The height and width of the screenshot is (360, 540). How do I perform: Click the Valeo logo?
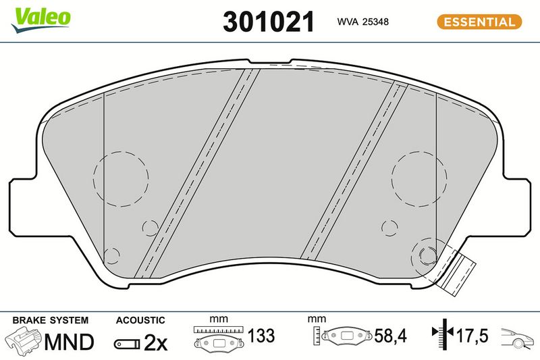tap(41, 20)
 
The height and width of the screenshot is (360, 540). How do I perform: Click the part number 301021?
tap(269, 22)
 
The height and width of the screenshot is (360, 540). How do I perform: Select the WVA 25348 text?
tap(362, 22)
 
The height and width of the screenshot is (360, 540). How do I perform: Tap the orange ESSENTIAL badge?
tap(479, 22)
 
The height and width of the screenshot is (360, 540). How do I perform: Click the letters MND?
tap(69, 342)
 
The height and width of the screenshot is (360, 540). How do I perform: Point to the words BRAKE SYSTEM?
tap(50, 320)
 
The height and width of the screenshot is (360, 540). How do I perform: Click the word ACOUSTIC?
tap(140, 320)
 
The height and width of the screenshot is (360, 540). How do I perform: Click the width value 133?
tap(261, 336)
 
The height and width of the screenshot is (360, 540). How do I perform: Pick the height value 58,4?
tap(391, 336)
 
